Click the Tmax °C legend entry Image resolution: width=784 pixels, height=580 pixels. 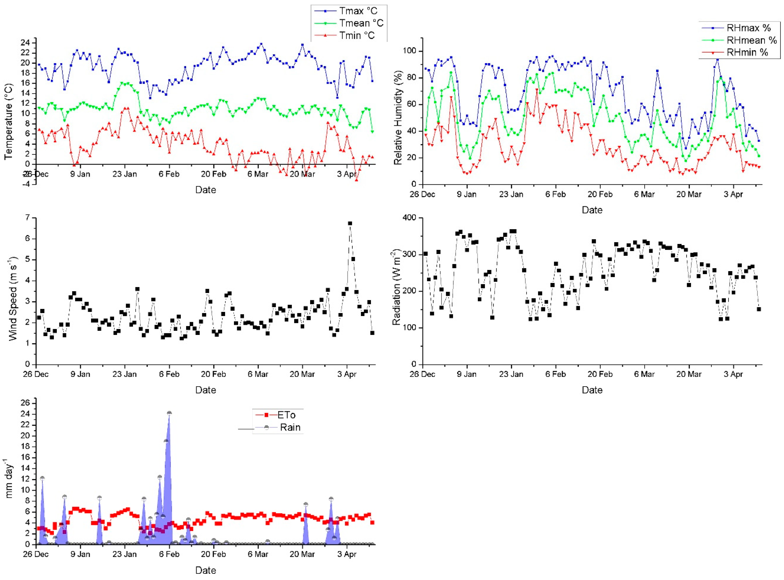[x=357, y=11]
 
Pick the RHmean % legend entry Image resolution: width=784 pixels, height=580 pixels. [x=751, y=40]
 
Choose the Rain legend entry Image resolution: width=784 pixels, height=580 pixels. [x=290, y=427]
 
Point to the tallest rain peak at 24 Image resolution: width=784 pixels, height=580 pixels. [x=169, y=413]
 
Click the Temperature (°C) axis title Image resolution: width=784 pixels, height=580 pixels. [x=9, y=121]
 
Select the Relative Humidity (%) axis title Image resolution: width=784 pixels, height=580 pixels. [x=397, y=121]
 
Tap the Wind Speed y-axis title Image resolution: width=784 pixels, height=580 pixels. [x=13, y=299]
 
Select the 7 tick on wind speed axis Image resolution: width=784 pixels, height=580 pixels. [x=28, y=218]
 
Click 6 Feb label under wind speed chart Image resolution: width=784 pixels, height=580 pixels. [x=169, y=374]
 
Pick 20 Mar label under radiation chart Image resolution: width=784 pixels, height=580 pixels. [x=689, y=374]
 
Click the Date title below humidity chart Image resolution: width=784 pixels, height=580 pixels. [x=592, y=210]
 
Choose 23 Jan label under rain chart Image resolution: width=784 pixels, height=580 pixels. [x=125, y=554]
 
